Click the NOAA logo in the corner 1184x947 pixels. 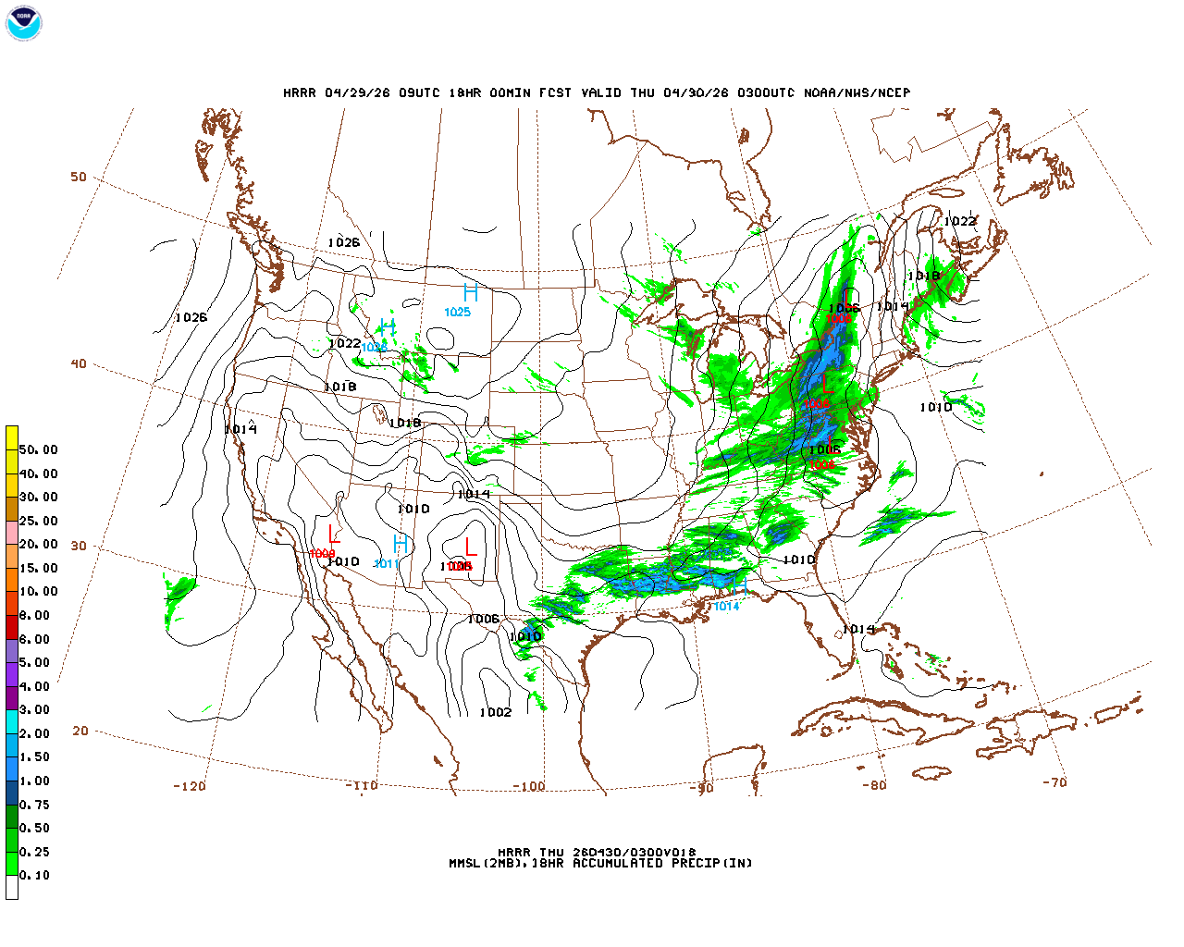point(24,23)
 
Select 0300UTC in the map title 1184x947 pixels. point(762,92)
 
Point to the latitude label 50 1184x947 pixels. point(79,177)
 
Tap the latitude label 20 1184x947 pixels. point(80,731)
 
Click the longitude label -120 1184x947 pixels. point(190,786)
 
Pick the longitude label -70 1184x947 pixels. point(1054,781)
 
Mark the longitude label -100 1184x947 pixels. point(529,786)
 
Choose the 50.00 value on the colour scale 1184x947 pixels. point(38,449)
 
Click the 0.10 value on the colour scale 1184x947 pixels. point(35,875)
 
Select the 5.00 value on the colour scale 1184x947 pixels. point(35,662)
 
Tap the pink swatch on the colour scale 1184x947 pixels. point(12,533)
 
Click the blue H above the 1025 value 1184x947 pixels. point(471,293)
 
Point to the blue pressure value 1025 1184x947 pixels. point(458,313)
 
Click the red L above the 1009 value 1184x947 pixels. point(334,534)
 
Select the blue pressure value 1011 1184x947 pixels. point(386,564)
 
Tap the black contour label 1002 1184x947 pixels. point(496,712)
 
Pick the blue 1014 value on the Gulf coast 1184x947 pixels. point(727,607)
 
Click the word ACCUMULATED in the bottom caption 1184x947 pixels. point(618,863)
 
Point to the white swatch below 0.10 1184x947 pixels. point(12,887)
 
